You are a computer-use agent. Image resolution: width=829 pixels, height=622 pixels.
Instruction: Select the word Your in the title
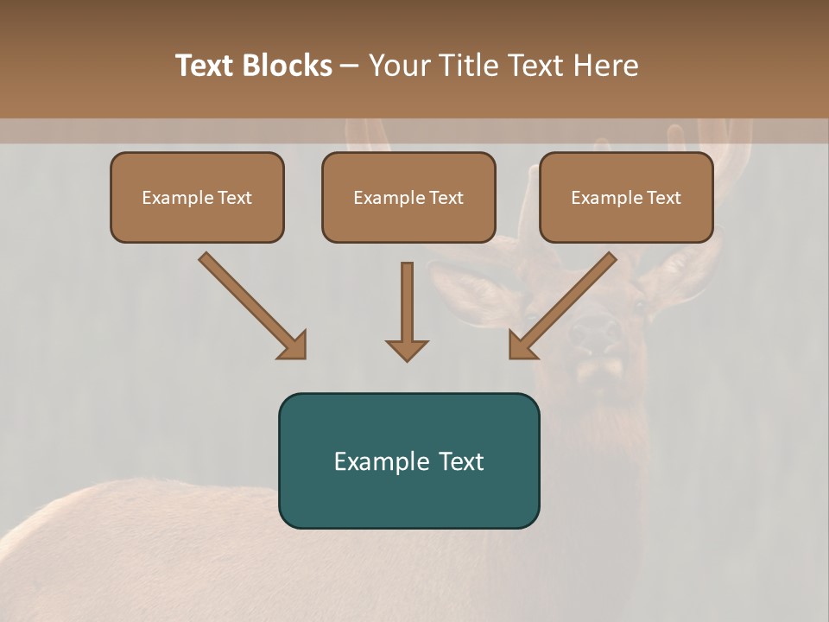pyautogui.click(x=397, y=66)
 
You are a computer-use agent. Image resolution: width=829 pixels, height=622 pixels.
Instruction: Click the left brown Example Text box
pyautogui.click(x=197, y=198)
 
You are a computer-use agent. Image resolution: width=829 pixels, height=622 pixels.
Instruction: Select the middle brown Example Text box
pyautogui.click(x=408, y=198)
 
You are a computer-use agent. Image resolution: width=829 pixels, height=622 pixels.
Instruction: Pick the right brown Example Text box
pyautogui.click(x=626, y=198)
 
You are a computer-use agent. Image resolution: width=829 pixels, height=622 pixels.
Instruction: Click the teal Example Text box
pyautogui.click(x=408, y=460)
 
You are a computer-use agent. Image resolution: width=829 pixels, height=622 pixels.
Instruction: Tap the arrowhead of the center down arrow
pyautogui.click(x=407, y=350)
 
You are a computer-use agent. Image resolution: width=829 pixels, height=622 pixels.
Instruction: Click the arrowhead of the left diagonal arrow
pyautogui.click(x=294, y=346)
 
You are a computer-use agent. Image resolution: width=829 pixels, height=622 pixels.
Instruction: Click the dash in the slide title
pyautogui.click(x=350, y=66)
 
